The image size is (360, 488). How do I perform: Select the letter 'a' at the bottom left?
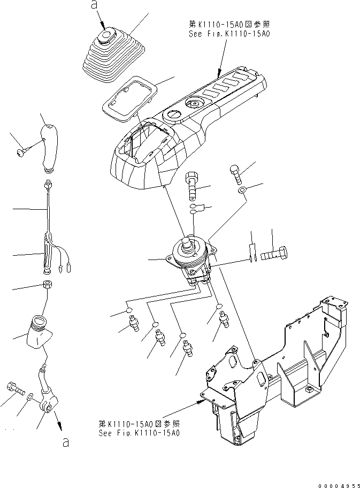pos(66,443)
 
